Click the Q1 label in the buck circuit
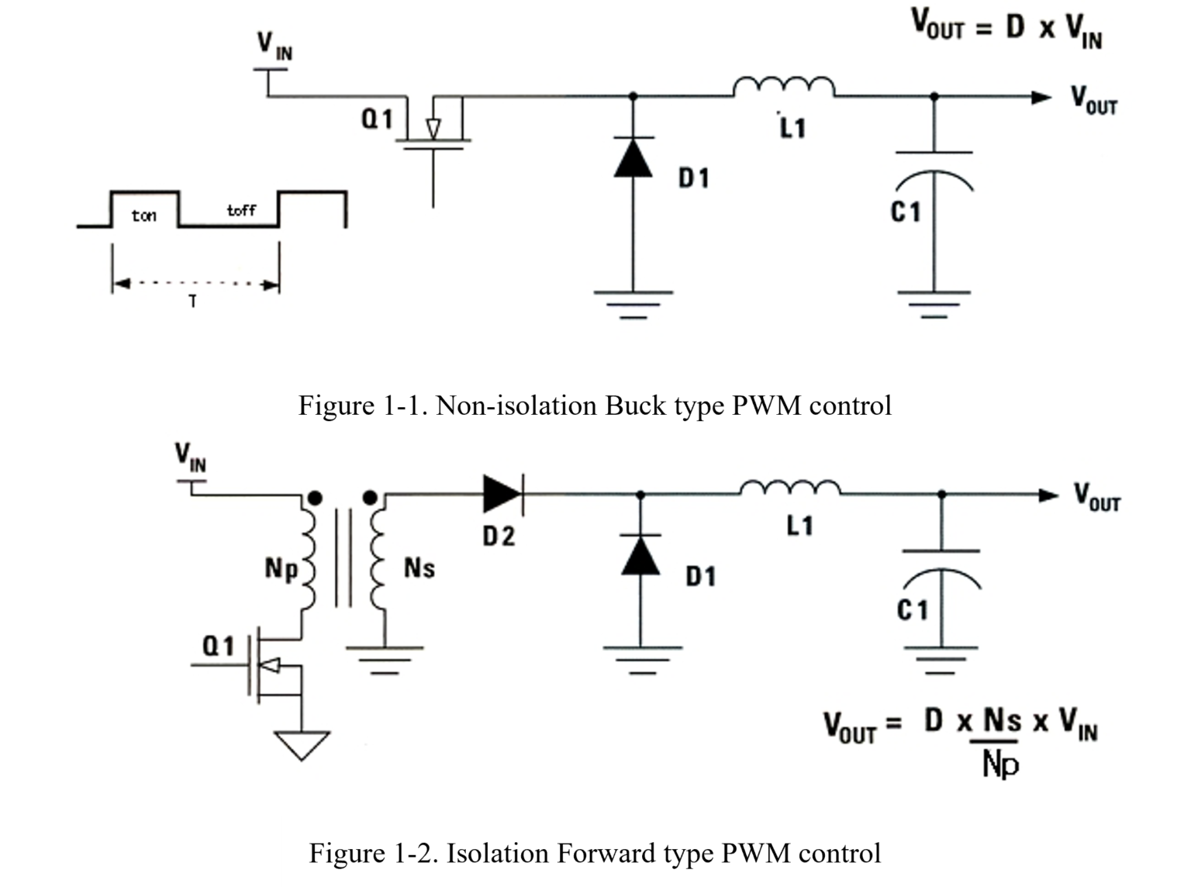tap(377, 119)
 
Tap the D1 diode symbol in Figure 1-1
tap(633, 157)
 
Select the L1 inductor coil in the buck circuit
tap(783, 86)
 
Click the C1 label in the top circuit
tap(906, 211)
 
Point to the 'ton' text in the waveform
tap(143, 216)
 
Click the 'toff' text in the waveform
tap(241, 210)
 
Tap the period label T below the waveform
tap(192, 302)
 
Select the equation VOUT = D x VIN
tap(1006, 29)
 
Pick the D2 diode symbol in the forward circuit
tap(502, 494)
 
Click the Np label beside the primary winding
tap(281, 568)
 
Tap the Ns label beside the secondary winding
tap(419, 568)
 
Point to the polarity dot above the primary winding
tap(314, 498)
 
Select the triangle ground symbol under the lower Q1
tap(301, 745)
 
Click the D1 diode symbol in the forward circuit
tap(640, 555)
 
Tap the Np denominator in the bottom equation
tap(1000, 765)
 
